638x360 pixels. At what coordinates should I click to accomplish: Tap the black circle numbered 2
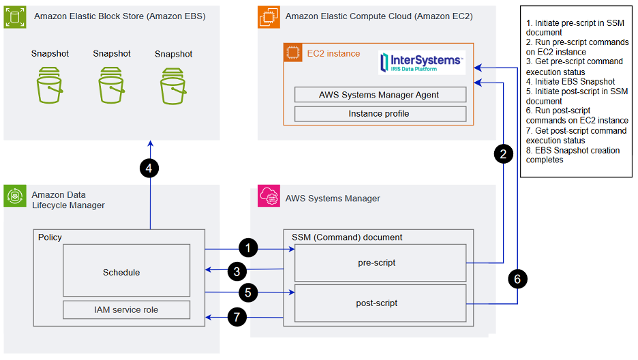(503, 155)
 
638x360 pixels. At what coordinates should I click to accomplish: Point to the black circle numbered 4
(149, 168)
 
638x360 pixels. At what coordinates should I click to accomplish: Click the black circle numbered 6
(517, 280)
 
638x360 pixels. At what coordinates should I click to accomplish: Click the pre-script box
(380, 262)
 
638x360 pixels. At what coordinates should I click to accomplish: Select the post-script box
(380, 303)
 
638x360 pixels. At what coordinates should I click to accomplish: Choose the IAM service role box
(127, 310)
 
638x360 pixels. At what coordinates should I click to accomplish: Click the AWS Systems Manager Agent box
(380, 95)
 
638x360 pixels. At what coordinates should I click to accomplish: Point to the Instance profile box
(380, 113)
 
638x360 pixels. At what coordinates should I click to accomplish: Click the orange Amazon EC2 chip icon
(269, 15)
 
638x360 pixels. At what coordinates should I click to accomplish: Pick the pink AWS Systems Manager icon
(267, 198)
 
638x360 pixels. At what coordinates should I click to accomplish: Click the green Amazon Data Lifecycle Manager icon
(15, 197)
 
